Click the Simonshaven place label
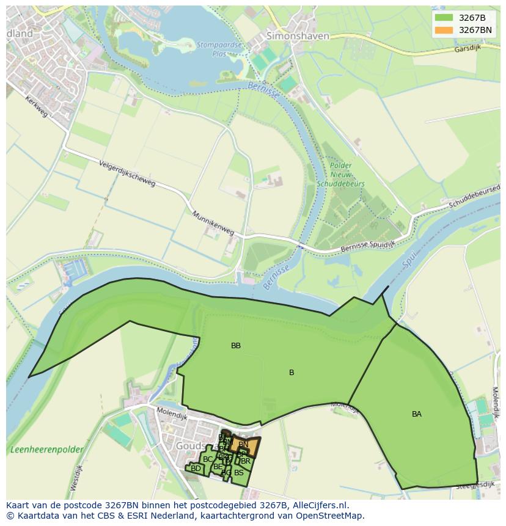point(298,36)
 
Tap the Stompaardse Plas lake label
point(211,48)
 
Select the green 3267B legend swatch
point(444,18)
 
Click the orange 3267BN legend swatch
point(444,30)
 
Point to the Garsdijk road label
point(468,49)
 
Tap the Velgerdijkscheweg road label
point(127,175)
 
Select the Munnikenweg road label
point(213,224)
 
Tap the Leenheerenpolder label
point(46,450)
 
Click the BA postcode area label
point(416,414)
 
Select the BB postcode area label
point(236,346)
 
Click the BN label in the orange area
point(243,444)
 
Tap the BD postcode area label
point(196,469)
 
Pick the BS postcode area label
point(238,472)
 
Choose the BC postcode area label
point(208,459)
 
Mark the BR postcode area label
point(246,461)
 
